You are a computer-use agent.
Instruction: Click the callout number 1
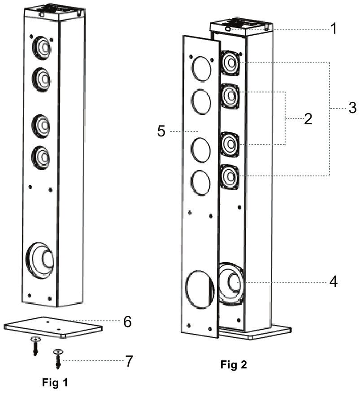[x=333, y=30]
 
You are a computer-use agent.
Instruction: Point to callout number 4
[x=333, y=282]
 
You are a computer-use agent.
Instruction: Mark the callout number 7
[x=129, y=360]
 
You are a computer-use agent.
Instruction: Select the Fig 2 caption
[x=233, y=364]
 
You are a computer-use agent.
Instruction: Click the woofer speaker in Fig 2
[x=231, y=283]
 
